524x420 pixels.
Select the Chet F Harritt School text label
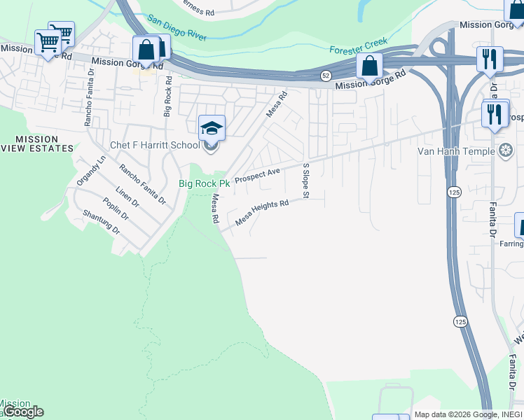155,146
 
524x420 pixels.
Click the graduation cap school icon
212,127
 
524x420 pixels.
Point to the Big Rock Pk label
205,183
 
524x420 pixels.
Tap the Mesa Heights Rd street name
262,211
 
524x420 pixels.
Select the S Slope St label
306,180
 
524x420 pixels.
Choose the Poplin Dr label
115,209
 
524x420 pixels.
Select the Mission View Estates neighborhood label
36,143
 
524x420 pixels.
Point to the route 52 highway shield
326,74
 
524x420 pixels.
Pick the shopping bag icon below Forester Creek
369,66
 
